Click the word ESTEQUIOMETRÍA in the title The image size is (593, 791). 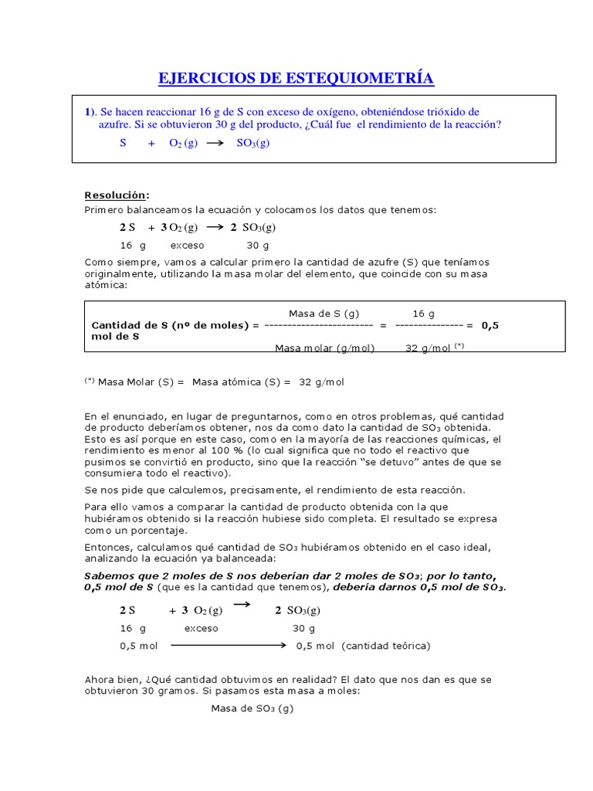pyautogui.click(x=361, y=78)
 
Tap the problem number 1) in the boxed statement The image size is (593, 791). pyautogui.click(x=90, y=112)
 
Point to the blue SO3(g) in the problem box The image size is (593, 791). pyautogui.click(x=253, y=144)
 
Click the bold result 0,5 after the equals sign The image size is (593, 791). pyautogui.click(x=490, y=325)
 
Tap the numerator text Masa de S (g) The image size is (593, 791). pyautogui.click(x=324, y=314)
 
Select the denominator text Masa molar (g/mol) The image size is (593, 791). pyautogui.click(x=324, y=348)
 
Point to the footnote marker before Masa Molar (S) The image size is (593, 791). pyautogui.click(x=90, y=381)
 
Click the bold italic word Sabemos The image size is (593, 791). pyautogui.click(x=109, y=576)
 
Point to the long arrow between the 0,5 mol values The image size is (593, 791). pyautogui.click(x=229, y=646)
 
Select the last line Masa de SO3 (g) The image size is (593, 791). pyautogui.click(x=252, y=708)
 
